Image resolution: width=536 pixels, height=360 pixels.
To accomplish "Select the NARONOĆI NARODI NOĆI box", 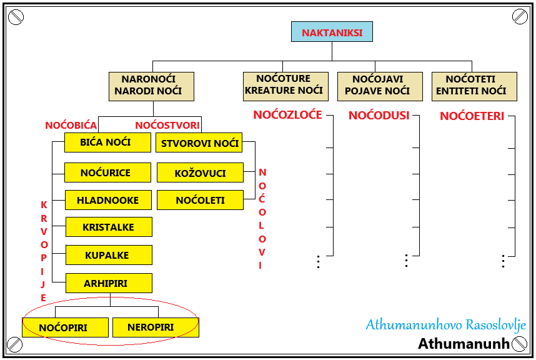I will pos(151,86).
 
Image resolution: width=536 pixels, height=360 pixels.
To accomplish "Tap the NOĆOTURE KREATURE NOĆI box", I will pos(284,86).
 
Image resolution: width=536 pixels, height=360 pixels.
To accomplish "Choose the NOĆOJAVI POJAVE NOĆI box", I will pos(378,86).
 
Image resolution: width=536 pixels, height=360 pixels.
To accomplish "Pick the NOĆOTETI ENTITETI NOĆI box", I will pos(474,86).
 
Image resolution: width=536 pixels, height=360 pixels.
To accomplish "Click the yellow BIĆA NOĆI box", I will pos(107,142).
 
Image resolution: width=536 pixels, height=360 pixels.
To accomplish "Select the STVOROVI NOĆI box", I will pos(199,143).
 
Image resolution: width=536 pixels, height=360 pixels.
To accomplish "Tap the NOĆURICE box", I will pos(107,172).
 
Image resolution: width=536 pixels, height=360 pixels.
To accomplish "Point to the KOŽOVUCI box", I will pos(200,173).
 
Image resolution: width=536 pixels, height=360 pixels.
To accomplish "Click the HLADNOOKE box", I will pos(108,200).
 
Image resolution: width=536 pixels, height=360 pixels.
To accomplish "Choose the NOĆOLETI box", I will pos(200,200).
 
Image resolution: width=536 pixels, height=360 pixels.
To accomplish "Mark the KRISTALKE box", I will pos(109,227).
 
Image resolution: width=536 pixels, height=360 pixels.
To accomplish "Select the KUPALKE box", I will pos(109,255).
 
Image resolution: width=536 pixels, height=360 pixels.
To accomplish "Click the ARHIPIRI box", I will pos(109,283).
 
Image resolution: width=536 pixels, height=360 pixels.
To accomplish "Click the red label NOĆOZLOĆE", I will pos(287,115).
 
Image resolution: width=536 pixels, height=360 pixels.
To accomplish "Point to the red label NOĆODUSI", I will pos(379,116).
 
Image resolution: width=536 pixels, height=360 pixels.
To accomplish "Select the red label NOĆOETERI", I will pos(472,116).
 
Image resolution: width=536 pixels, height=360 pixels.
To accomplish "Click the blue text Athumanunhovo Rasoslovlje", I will pos(445,325).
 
